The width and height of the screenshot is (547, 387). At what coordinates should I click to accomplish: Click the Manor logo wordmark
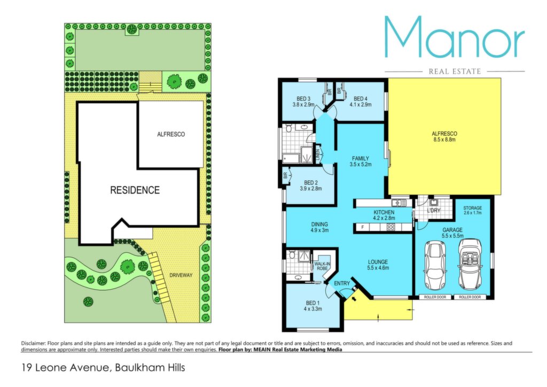455,37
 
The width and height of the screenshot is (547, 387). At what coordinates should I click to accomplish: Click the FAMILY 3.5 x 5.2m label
361,161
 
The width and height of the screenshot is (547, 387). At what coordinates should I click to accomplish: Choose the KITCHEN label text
384,212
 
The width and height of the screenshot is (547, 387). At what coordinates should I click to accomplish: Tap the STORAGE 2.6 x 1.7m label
472,210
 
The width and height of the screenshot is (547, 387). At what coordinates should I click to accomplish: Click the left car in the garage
434,266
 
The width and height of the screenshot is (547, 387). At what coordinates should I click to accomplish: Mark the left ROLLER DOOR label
435,297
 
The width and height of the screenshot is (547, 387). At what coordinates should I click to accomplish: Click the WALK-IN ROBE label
322,266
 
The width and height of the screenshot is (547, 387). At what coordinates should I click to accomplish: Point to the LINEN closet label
318,155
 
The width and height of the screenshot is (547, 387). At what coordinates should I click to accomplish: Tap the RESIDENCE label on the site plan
135,190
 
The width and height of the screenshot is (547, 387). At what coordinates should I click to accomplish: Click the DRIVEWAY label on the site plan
181,275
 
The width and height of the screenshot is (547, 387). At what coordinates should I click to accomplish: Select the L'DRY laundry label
434,211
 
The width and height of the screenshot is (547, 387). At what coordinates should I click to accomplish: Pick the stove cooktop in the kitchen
390,228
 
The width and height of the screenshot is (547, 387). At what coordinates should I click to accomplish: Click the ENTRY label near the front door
341,283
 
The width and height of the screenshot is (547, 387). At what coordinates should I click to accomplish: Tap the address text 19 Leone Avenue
65,367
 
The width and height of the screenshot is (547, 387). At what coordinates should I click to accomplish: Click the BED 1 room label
312,306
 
